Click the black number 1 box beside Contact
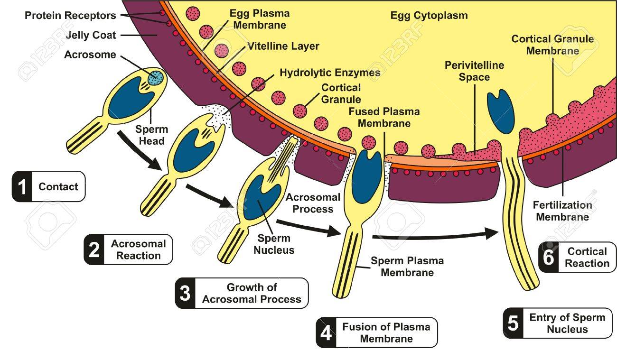tap(22, 187)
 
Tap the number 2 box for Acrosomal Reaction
tap(94, 249)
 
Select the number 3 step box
tap(185, 293)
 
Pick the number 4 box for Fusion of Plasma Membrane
tap(326, 333)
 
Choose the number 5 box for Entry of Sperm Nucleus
tap(513, 323)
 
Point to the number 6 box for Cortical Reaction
tap(549, 258)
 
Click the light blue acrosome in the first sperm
tap(155, 78)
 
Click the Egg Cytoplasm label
tap(429, 16)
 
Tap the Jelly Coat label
tap(91, 35)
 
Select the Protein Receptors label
tap(70, 16)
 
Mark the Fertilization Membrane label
tap(562, 211)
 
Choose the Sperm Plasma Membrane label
tap(407, 267)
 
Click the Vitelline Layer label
tap(283, 46)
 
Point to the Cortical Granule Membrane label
tap(552, 45)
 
